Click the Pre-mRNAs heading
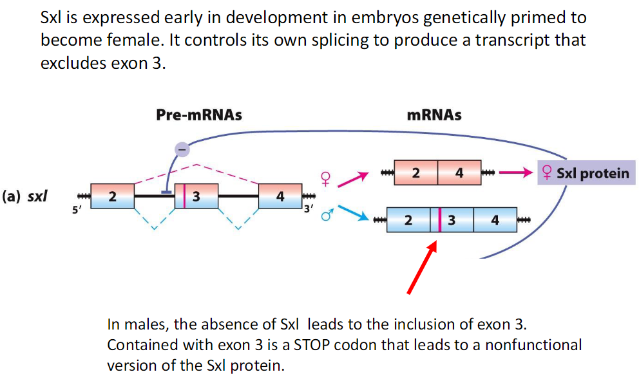(199, 115)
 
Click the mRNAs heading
(434, 115)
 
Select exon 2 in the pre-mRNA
(113, 196)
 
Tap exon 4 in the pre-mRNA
(280, 196)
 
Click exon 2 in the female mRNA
(415, 173)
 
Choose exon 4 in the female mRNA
(459, 173)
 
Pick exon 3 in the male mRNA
(452, 221)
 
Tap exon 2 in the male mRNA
(408, 221)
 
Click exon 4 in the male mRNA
(495, 221)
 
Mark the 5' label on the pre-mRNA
(77, 209)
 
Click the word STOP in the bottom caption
(311, 344)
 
